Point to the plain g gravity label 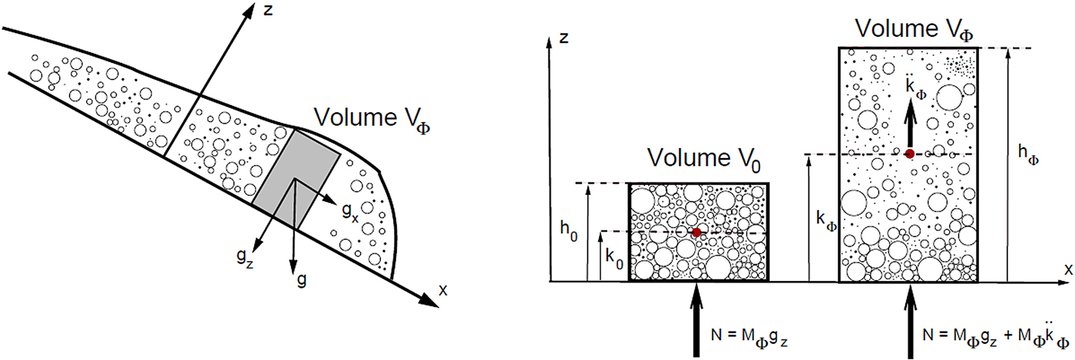[x=302, y=279]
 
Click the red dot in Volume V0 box [x=696, y=233]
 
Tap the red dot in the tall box [x=909, y=154]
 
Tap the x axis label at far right [x=1067, y=270]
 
